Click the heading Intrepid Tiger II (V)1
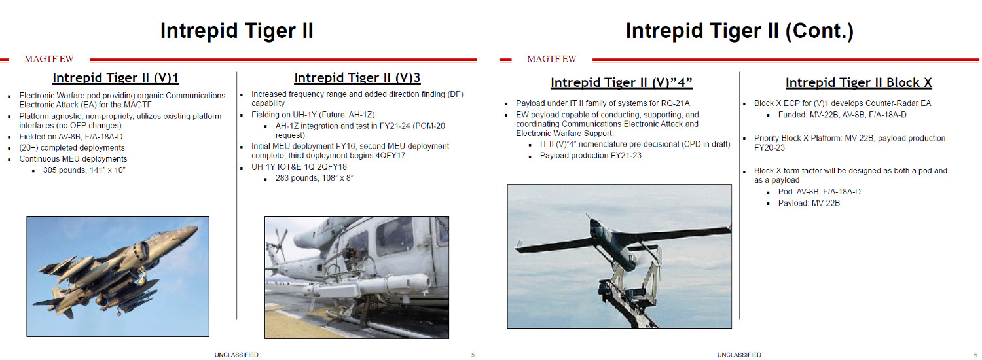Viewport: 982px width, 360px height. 116,78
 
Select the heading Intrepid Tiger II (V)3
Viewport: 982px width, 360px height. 357,78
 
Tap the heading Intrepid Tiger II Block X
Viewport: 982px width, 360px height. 859,82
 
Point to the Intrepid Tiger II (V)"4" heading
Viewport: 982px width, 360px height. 621,82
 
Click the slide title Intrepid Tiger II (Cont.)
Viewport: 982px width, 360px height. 740,31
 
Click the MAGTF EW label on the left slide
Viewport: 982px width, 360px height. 49,59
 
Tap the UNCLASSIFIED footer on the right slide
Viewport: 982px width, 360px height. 739,355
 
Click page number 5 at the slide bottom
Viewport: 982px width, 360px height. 473,355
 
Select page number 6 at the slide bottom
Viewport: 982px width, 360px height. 975,355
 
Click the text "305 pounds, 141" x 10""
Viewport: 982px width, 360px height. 84,170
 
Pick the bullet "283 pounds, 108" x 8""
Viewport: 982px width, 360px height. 314,178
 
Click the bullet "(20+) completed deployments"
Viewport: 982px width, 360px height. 72,148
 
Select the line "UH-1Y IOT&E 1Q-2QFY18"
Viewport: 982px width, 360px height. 299,167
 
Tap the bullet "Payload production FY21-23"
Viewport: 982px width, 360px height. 591,155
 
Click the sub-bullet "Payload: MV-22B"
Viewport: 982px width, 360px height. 809,203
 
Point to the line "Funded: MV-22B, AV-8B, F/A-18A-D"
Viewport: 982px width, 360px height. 842,115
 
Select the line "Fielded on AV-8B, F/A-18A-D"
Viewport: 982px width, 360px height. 71,137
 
